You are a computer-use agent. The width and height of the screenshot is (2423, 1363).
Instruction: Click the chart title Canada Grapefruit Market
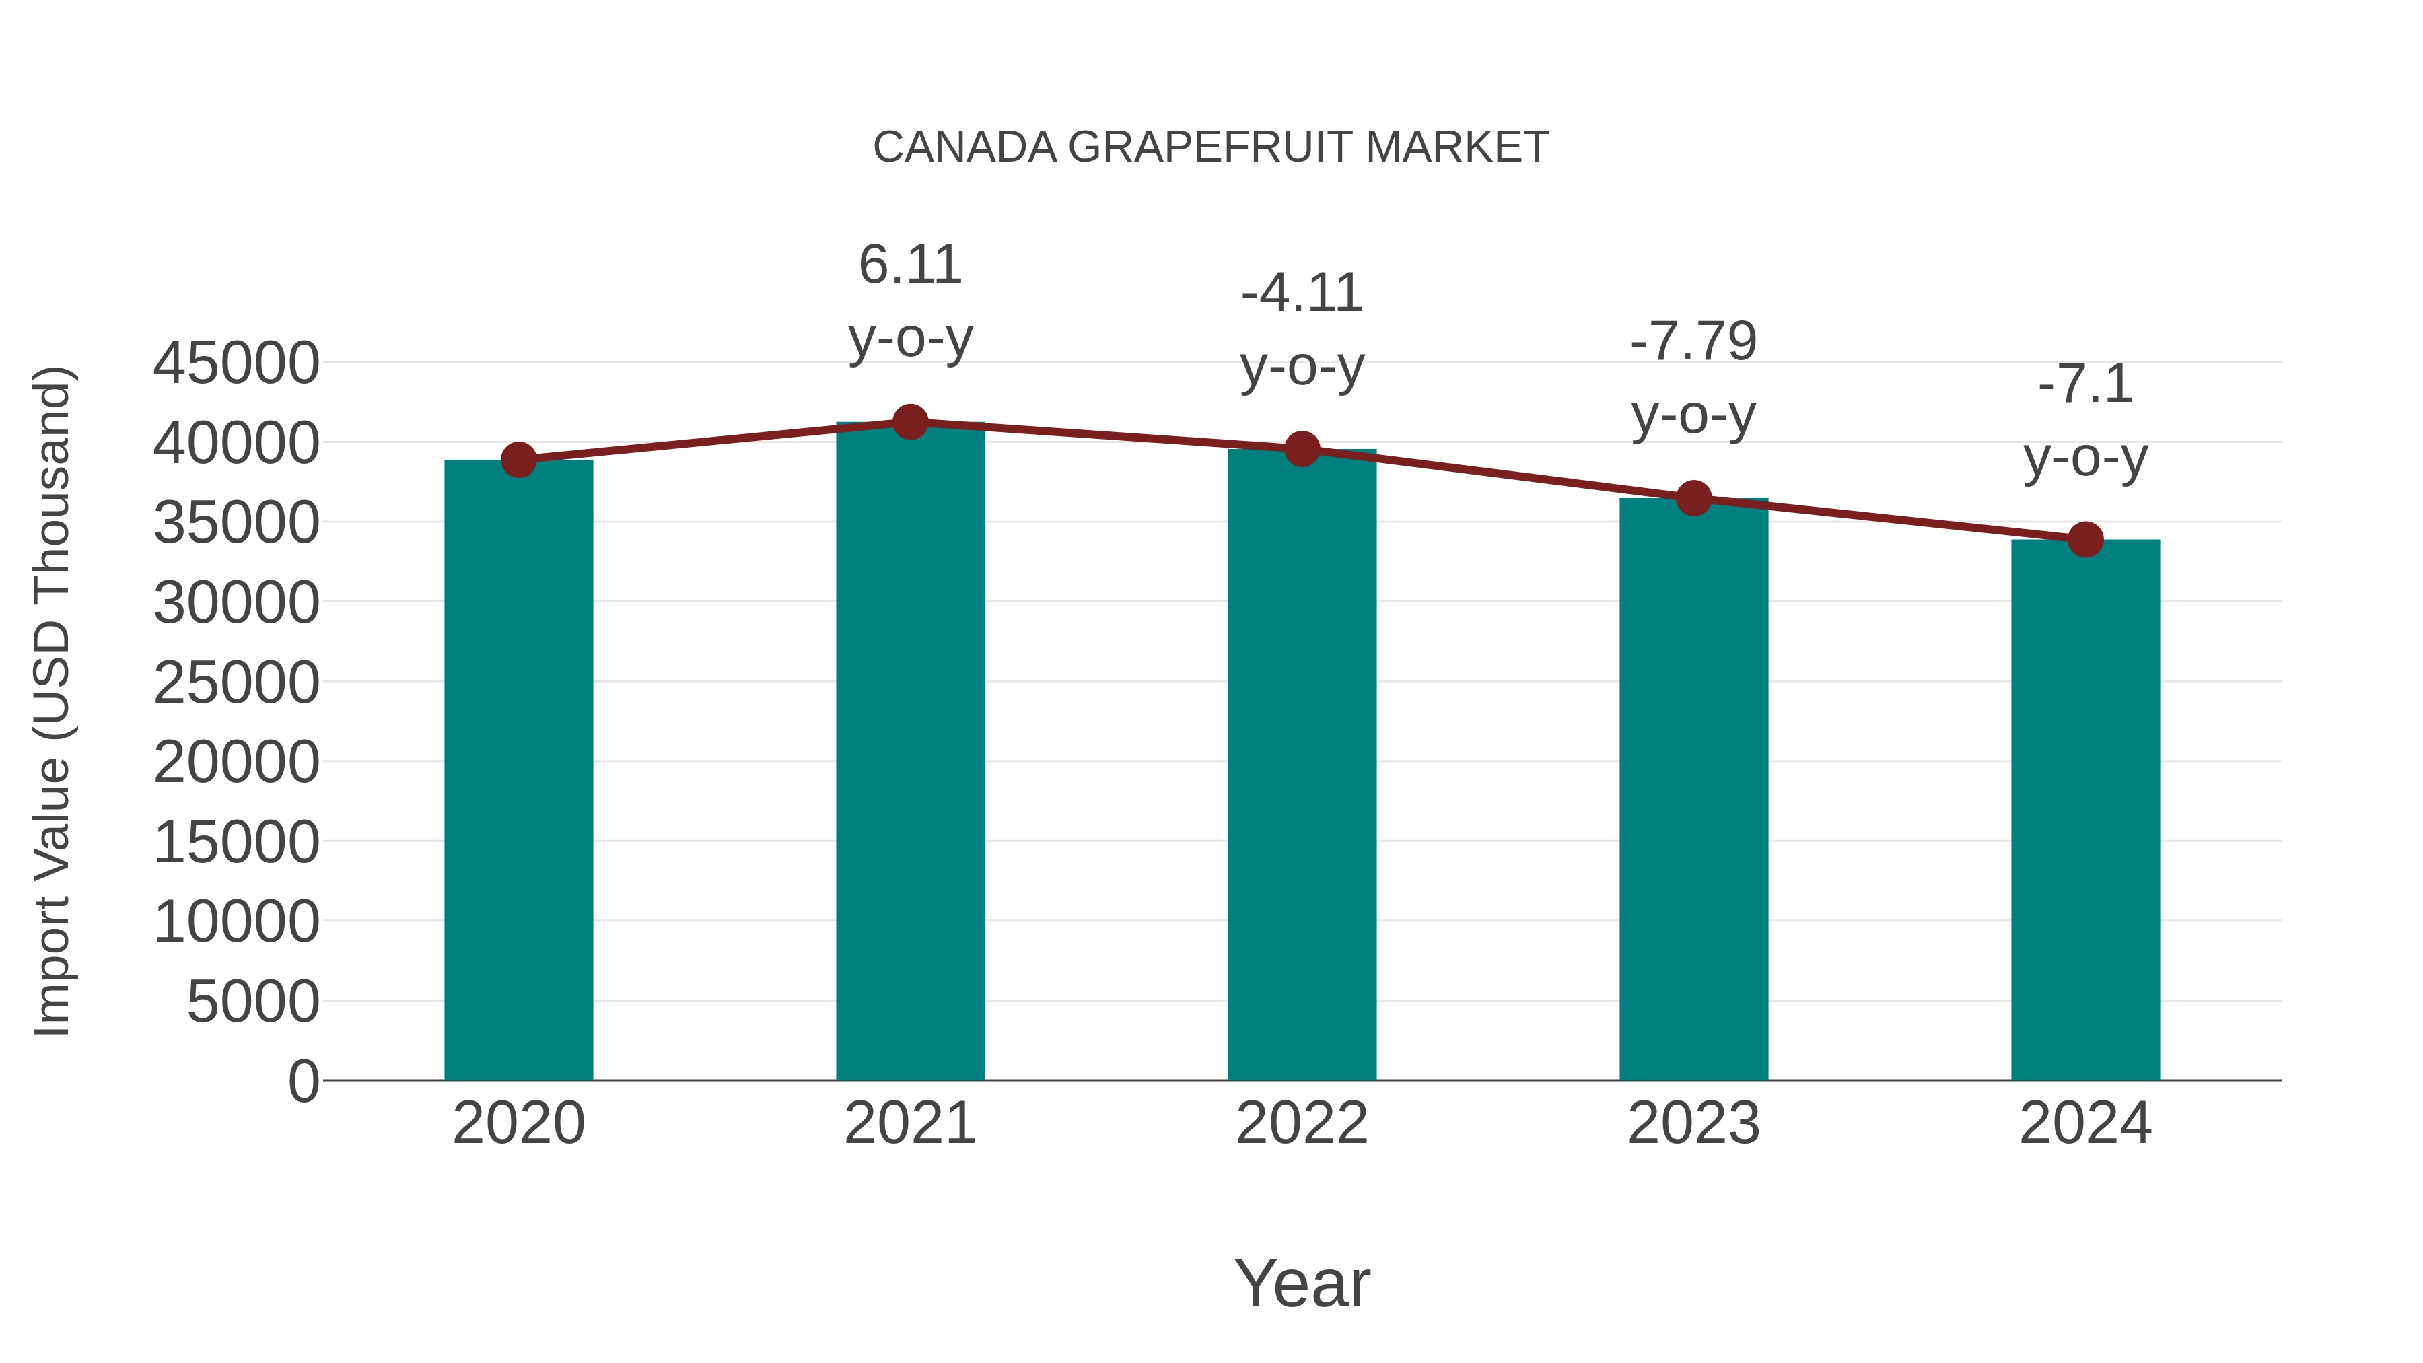coord(1211,147)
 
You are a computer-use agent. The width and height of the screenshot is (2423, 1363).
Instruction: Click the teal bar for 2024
coord(2085,809)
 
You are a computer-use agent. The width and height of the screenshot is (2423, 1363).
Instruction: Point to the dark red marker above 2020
coord(518,460)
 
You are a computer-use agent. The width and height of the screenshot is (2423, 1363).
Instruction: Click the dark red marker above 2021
coord(909,422)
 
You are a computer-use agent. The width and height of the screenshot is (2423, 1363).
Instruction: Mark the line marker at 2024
coord(2085,539)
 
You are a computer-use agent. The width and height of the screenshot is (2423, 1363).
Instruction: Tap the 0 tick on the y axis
coord(303,1081)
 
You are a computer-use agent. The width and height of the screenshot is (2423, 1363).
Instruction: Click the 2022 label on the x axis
coord(1302,1123)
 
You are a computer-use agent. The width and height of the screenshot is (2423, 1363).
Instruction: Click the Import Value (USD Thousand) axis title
coord(52,701)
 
